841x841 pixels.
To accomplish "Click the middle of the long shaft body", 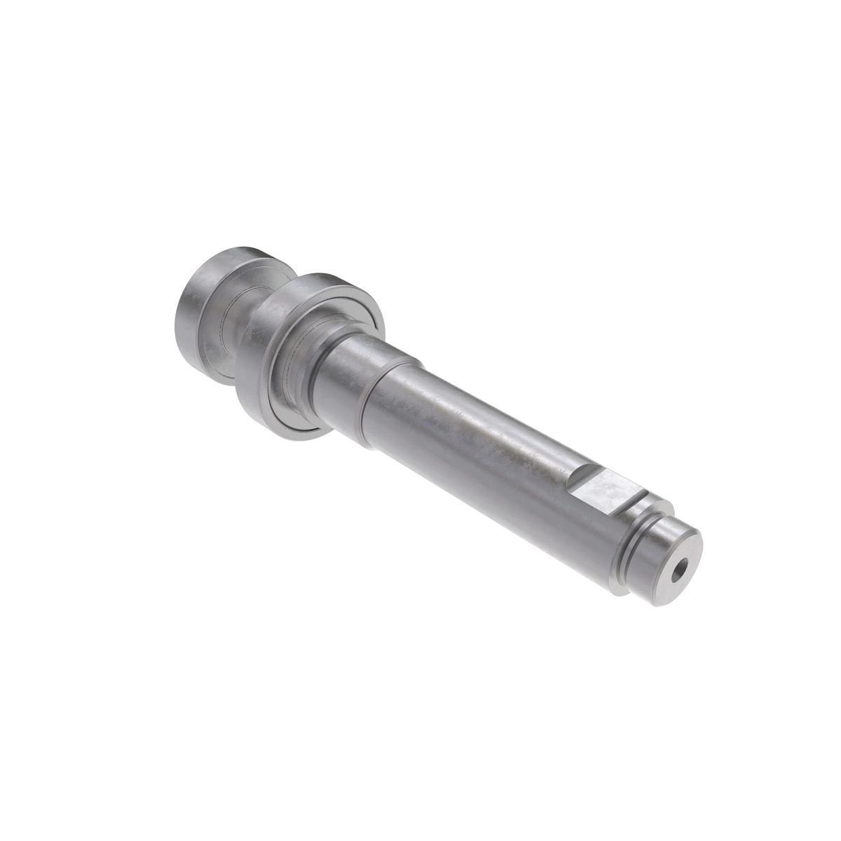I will (477, 456).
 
